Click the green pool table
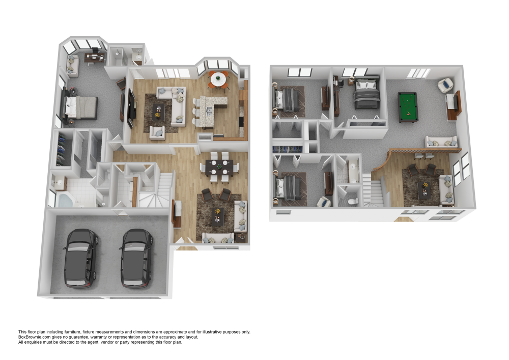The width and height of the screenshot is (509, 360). (x=408, y=107)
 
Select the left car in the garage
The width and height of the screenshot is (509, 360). (x=81, y=259)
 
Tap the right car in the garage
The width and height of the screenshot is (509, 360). (x=136, y=259)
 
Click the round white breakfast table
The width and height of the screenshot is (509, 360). (x=218, y=78)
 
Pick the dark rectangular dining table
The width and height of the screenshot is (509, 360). (x=219, y=168)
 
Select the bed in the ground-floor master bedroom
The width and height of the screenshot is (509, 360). (x=81, y=107)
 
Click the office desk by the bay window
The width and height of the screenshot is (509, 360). (x=95, y=58)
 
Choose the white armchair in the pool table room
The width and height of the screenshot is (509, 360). (x=445, y=85)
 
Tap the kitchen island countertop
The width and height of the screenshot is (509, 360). (x=208, y=111)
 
